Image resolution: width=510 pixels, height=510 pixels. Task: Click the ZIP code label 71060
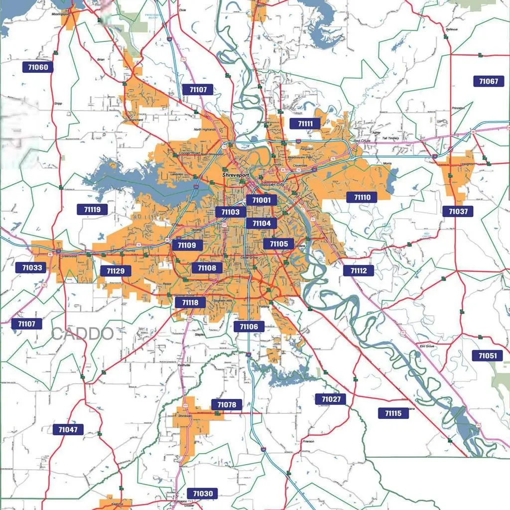pos(38,67)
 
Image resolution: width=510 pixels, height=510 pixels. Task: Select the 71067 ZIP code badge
pos(488,81)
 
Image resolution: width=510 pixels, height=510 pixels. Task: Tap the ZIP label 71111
pos(305,124)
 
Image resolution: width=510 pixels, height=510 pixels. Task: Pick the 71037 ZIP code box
pos(458,211)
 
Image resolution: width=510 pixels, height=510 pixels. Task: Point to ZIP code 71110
pos(362,197)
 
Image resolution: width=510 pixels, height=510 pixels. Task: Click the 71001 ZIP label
pos(261,200)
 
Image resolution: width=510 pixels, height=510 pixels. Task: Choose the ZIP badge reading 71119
pos(92,209)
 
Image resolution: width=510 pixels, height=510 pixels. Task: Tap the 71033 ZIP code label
pos(32,267)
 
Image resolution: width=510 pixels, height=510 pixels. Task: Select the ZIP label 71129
pos(116,271)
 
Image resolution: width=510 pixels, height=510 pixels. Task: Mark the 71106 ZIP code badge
pos(249,326)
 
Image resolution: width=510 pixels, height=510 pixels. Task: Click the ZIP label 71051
pos(487,356)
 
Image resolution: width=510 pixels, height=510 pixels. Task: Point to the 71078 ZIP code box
pos(227,404)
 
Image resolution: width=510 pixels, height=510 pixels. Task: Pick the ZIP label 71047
pos(68,429)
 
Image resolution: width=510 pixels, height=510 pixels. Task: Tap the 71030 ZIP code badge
pos(202,494)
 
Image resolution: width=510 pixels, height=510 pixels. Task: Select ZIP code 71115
pos(393,413)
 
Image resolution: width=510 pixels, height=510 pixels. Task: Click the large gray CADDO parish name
pos(83,334)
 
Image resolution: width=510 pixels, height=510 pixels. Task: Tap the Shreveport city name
pos(235,175)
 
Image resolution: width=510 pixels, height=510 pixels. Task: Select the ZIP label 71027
pos(331,399)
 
